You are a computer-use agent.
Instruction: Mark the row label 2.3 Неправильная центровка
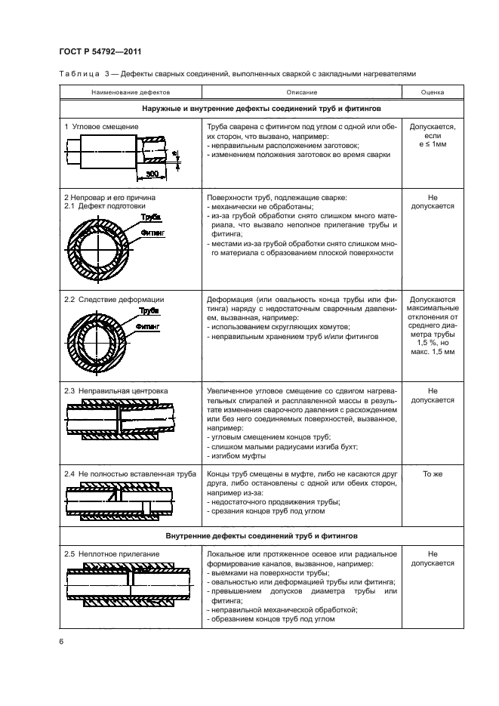[116, 391]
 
